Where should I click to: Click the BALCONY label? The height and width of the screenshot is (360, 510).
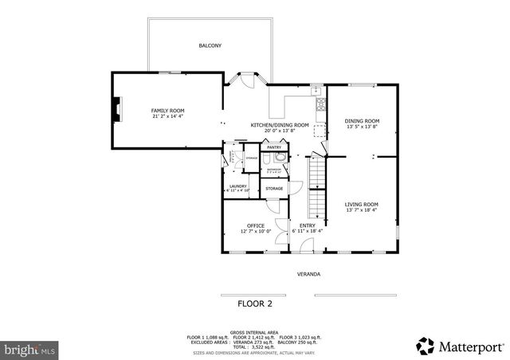point(210,46)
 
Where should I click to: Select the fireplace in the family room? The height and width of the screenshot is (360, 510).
point(117,109)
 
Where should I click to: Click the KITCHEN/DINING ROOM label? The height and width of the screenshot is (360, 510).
point(280,125)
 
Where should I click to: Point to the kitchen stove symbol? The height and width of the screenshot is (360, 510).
point(321,104)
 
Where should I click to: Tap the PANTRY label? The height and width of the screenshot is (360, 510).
point(274,147)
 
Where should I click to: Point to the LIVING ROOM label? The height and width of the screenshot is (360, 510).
point(361,205)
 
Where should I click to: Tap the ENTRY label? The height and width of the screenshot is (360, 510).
point(307,225)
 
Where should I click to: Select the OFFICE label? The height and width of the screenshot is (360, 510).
point(256,225)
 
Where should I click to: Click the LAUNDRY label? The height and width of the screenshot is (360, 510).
point(237,186)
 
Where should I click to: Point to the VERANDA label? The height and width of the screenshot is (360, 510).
point(308,274)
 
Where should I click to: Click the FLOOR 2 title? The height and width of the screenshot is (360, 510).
point(255,303)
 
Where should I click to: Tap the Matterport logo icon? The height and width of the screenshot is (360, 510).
point(426,346)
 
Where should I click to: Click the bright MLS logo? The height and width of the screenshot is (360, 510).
point(29,349)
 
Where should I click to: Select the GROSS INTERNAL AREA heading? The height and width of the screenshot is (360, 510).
point(254,331)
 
